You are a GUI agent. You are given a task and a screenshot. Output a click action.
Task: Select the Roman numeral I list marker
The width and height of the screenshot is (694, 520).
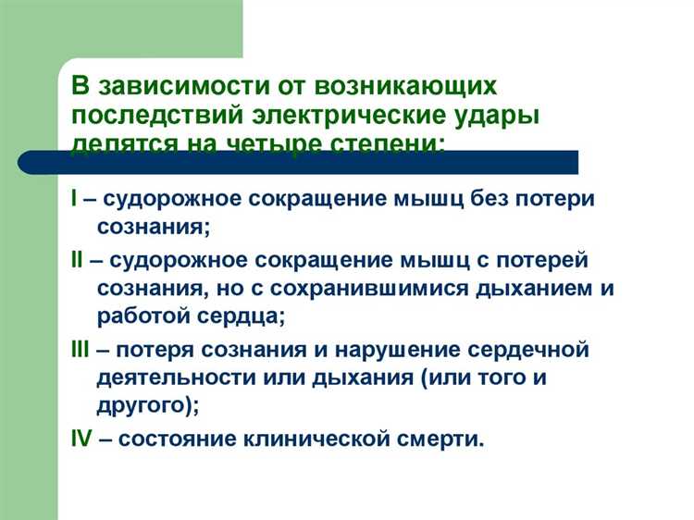coord(73,199)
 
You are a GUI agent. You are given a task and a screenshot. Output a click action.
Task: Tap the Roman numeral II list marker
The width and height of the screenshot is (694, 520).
coord(77,262)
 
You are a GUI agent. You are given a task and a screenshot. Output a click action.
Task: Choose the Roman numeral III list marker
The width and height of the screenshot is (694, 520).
coord(81,351)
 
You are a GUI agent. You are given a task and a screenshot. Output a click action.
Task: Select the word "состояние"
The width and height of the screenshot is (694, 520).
coord(184,438)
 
